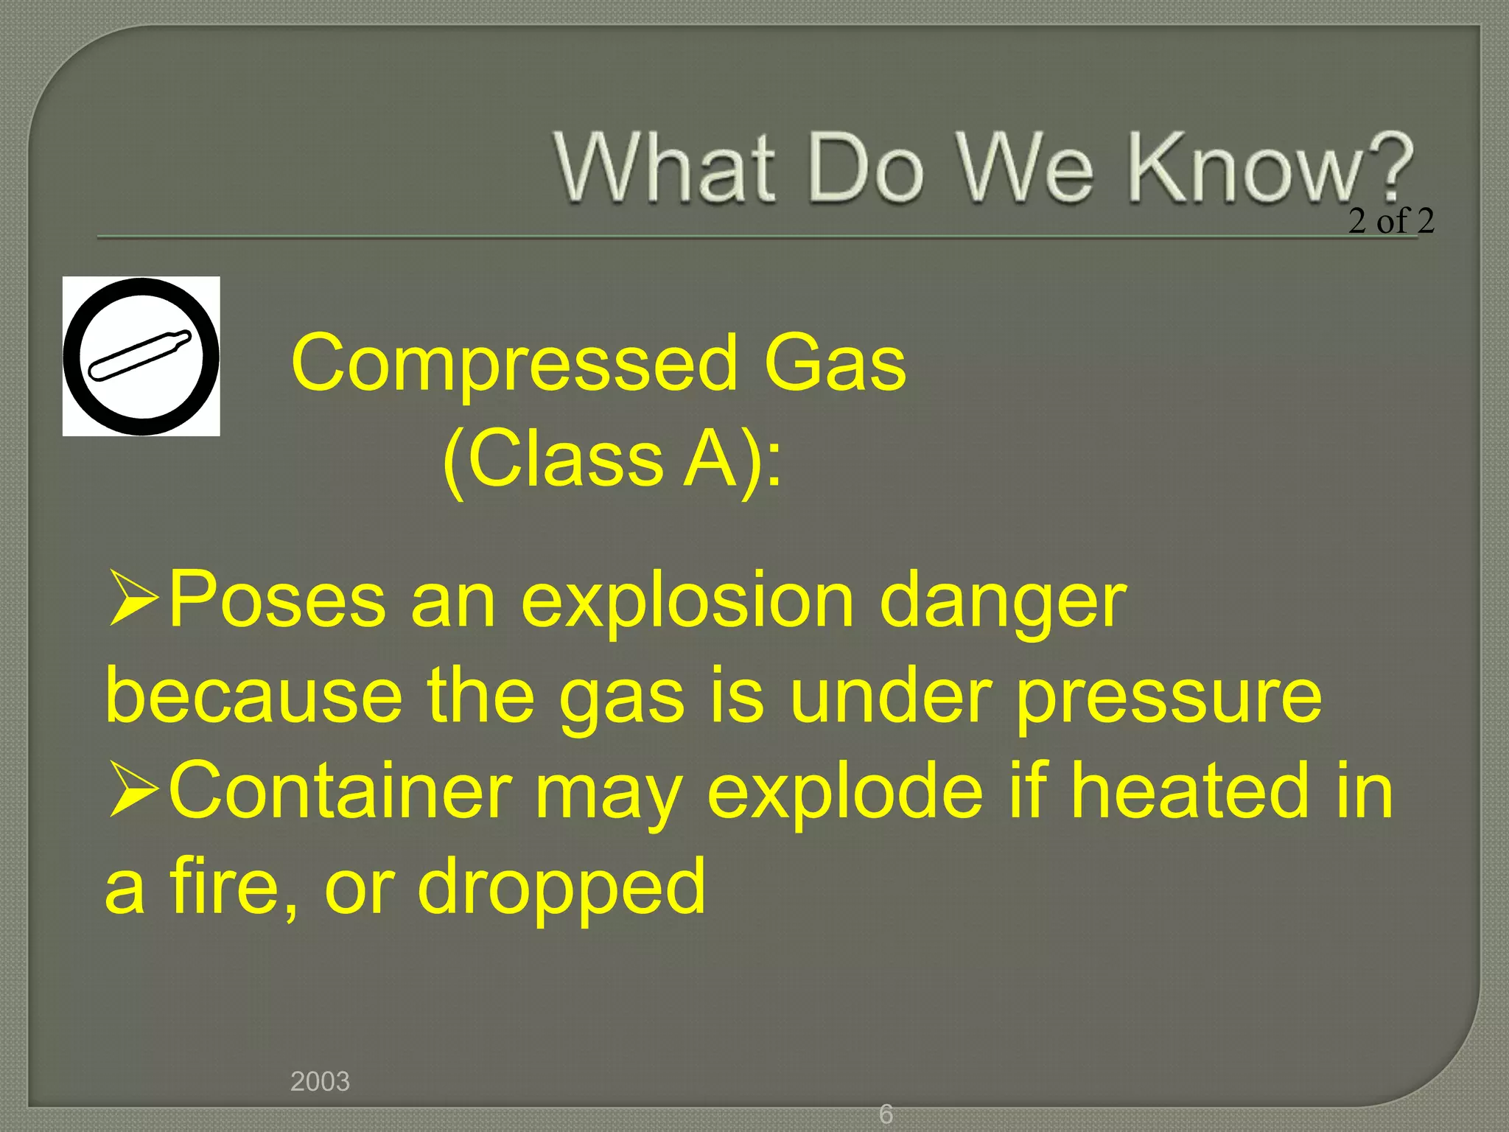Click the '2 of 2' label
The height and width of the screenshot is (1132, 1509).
point(1391,220)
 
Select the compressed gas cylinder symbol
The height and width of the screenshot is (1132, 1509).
point(141,356)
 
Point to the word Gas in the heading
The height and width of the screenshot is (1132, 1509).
point(835,363)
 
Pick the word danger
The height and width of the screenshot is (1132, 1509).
point(1003,601)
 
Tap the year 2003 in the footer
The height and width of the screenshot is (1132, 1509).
point(320,1081)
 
